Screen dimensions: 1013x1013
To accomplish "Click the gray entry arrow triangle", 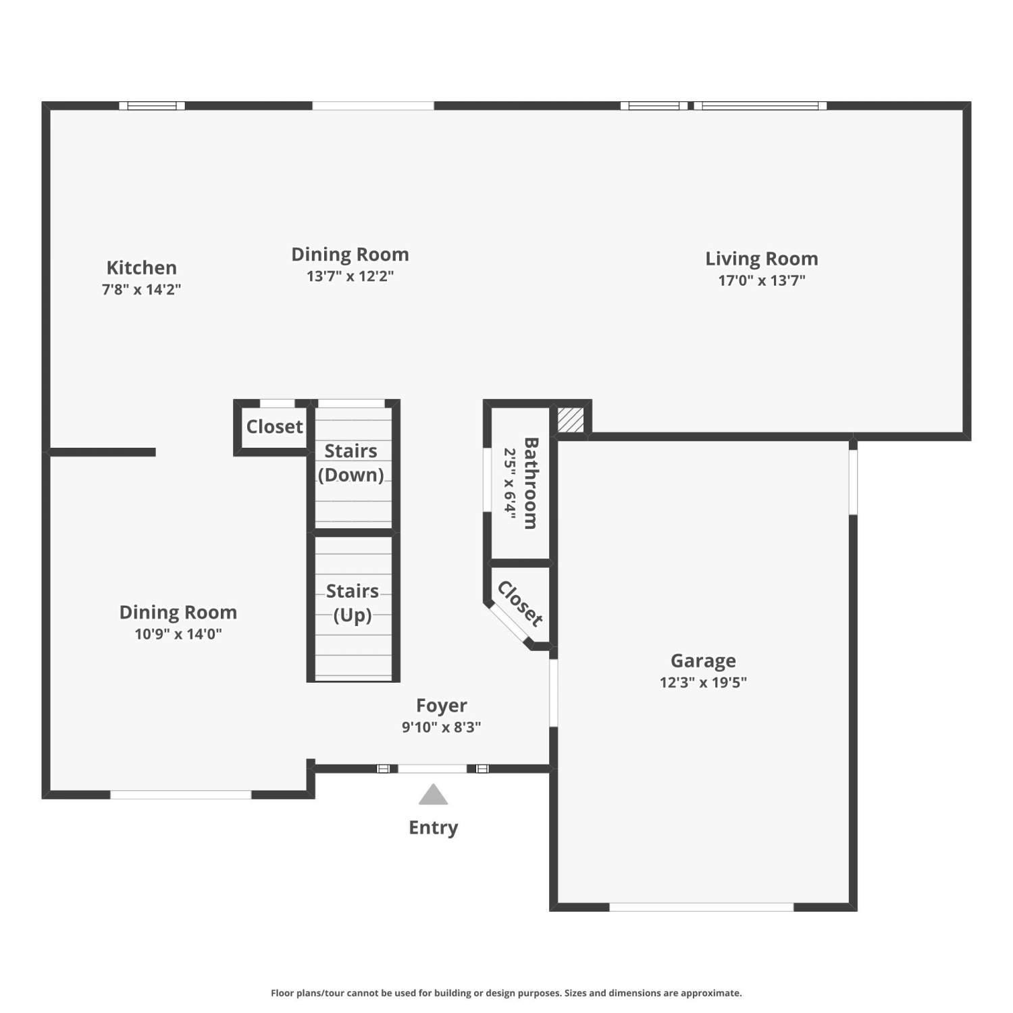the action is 433,795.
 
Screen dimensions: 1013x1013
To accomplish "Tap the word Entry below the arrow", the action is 434,828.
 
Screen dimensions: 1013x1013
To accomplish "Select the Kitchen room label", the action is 142,267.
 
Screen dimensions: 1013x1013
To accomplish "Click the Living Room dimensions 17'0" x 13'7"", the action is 762,280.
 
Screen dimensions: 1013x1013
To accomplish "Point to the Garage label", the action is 703,661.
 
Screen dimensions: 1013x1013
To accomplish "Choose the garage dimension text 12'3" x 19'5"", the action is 703,682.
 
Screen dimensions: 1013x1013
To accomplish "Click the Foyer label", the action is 442,706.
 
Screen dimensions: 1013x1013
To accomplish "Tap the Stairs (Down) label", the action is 351,463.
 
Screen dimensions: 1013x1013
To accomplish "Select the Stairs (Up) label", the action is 353,603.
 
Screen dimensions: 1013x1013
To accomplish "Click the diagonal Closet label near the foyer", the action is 520,604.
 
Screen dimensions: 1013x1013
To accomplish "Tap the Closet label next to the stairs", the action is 275,427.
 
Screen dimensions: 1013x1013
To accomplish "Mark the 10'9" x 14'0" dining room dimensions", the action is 178,634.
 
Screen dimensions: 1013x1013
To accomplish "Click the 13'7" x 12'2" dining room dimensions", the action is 350,276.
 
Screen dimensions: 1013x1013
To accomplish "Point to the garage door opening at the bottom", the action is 702,907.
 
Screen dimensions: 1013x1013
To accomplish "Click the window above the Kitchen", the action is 152,105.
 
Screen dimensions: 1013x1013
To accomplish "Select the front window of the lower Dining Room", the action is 181,795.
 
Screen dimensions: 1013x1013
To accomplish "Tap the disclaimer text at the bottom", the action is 506,993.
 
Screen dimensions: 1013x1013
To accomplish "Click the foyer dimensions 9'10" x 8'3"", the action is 442,727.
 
